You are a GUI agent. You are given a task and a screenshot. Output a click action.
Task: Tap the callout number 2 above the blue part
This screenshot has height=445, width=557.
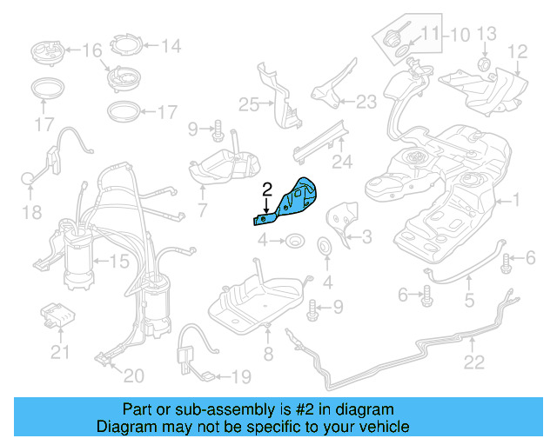pos(268,187)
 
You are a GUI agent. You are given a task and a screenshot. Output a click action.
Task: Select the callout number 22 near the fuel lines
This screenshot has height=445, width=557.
pos(473,362)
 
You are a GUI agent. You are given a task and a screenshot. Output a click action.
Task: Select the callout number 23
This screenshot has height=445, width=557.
pos(366,102)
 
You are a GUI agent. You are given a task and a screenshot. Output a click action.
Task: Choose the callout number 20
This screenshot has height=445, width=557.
pos(133,375)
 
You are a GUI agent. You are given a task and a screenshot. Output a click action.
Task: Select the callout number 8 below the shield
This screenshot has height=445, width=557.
pos(269,355)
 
